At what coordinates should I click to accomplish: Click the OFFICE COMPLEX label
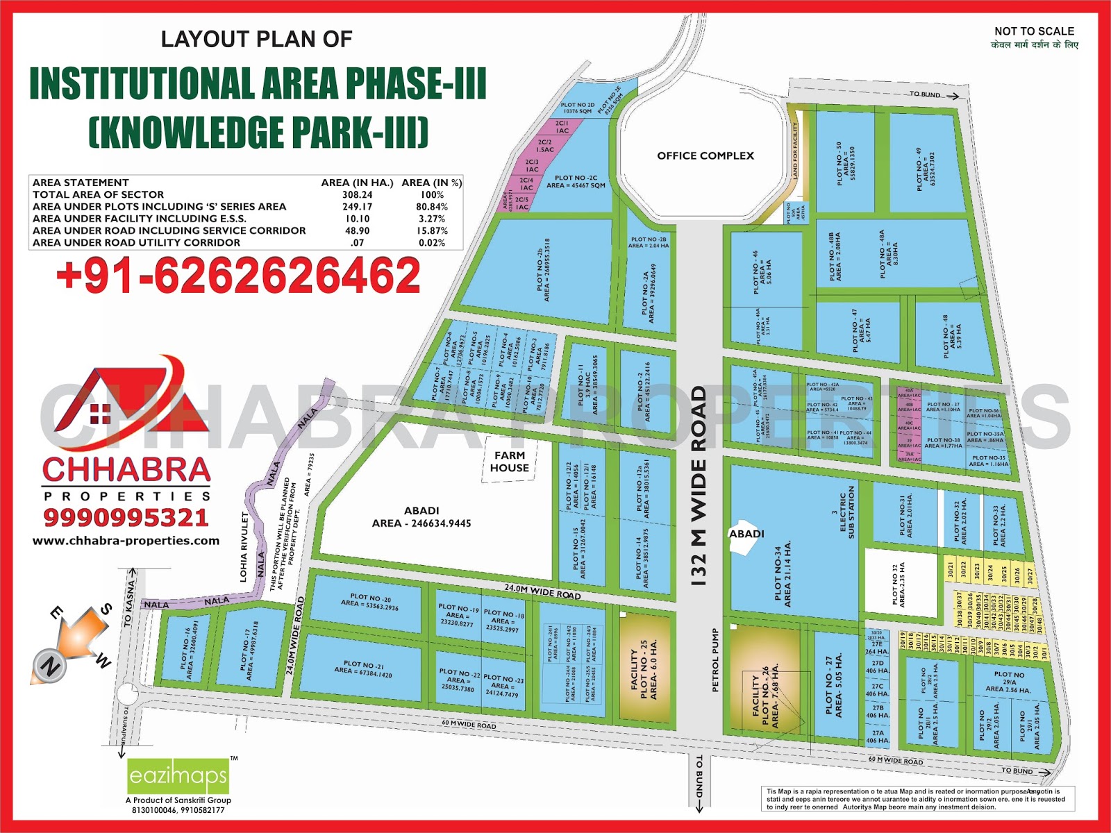coord(705,156)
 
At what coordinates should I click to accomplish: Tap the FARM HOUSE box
coord(509,462)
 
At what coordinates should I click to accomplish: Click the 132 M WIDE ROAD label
coord(699,486)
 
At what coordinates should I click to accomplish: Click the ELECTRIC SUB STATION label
coord(846,513)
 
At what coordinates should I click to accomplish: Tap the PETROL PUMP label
coord(716,659)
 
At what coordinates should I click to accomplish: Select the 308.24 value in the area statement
coord(357,195)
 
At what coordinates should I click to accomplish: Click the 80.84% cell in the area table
coord(431,207)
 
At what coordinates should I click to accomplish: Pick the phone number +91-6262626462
coord(238,275)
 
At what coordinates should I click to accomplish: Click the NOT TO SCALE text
coord(1034,31)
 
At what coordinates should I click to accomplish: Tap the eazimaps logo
coord(178,775)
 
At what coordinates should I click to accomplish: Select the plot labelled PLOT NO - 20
coord(366,601)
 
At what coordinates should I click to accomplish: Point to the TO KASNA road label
coord(128,604)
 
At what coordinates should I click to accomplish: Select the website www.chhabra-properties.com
coord(126,541)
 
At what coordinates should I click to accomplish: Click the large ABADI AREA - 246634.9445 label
coord(421,516)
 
